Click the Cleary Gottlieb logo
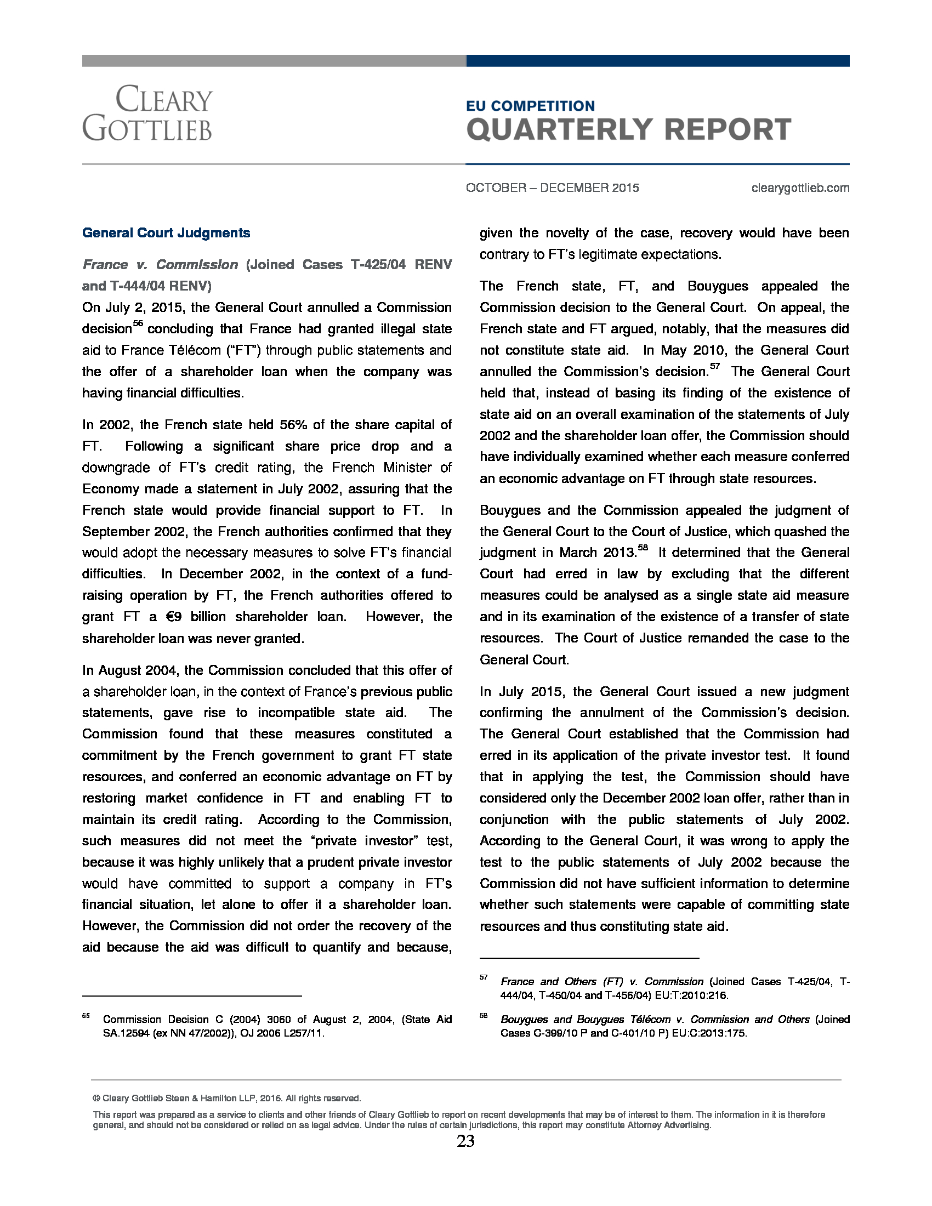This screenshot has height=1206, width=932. click(x=147, y=113)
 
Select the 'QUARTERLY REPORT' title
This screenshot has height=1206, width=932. click(x=628, y=130)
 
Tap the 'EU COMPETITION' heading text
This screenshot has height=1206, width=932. click(x=530, y=106)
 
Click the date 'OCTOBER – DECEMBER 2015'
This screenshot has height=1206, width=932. click(x=552, y=187)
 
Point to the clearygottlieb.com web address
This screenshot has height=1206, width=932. click(x=800, y=187)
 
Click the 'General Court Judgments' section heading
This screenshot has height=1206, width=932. click(x=166, y=233)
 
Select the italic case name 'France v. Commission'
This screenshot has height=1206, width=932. click(x=160, y=265)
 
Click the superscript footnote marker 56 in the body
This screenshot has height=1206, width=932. click(x=138, y=324)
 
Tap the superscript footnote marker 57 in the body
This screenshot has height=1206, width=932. click(x=714, y=367)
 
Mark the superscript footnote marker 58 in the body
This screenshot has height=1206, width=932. click(x=643, y=548)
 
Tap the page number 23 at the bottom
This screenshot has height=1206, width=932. click(x=465, y=1141)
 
